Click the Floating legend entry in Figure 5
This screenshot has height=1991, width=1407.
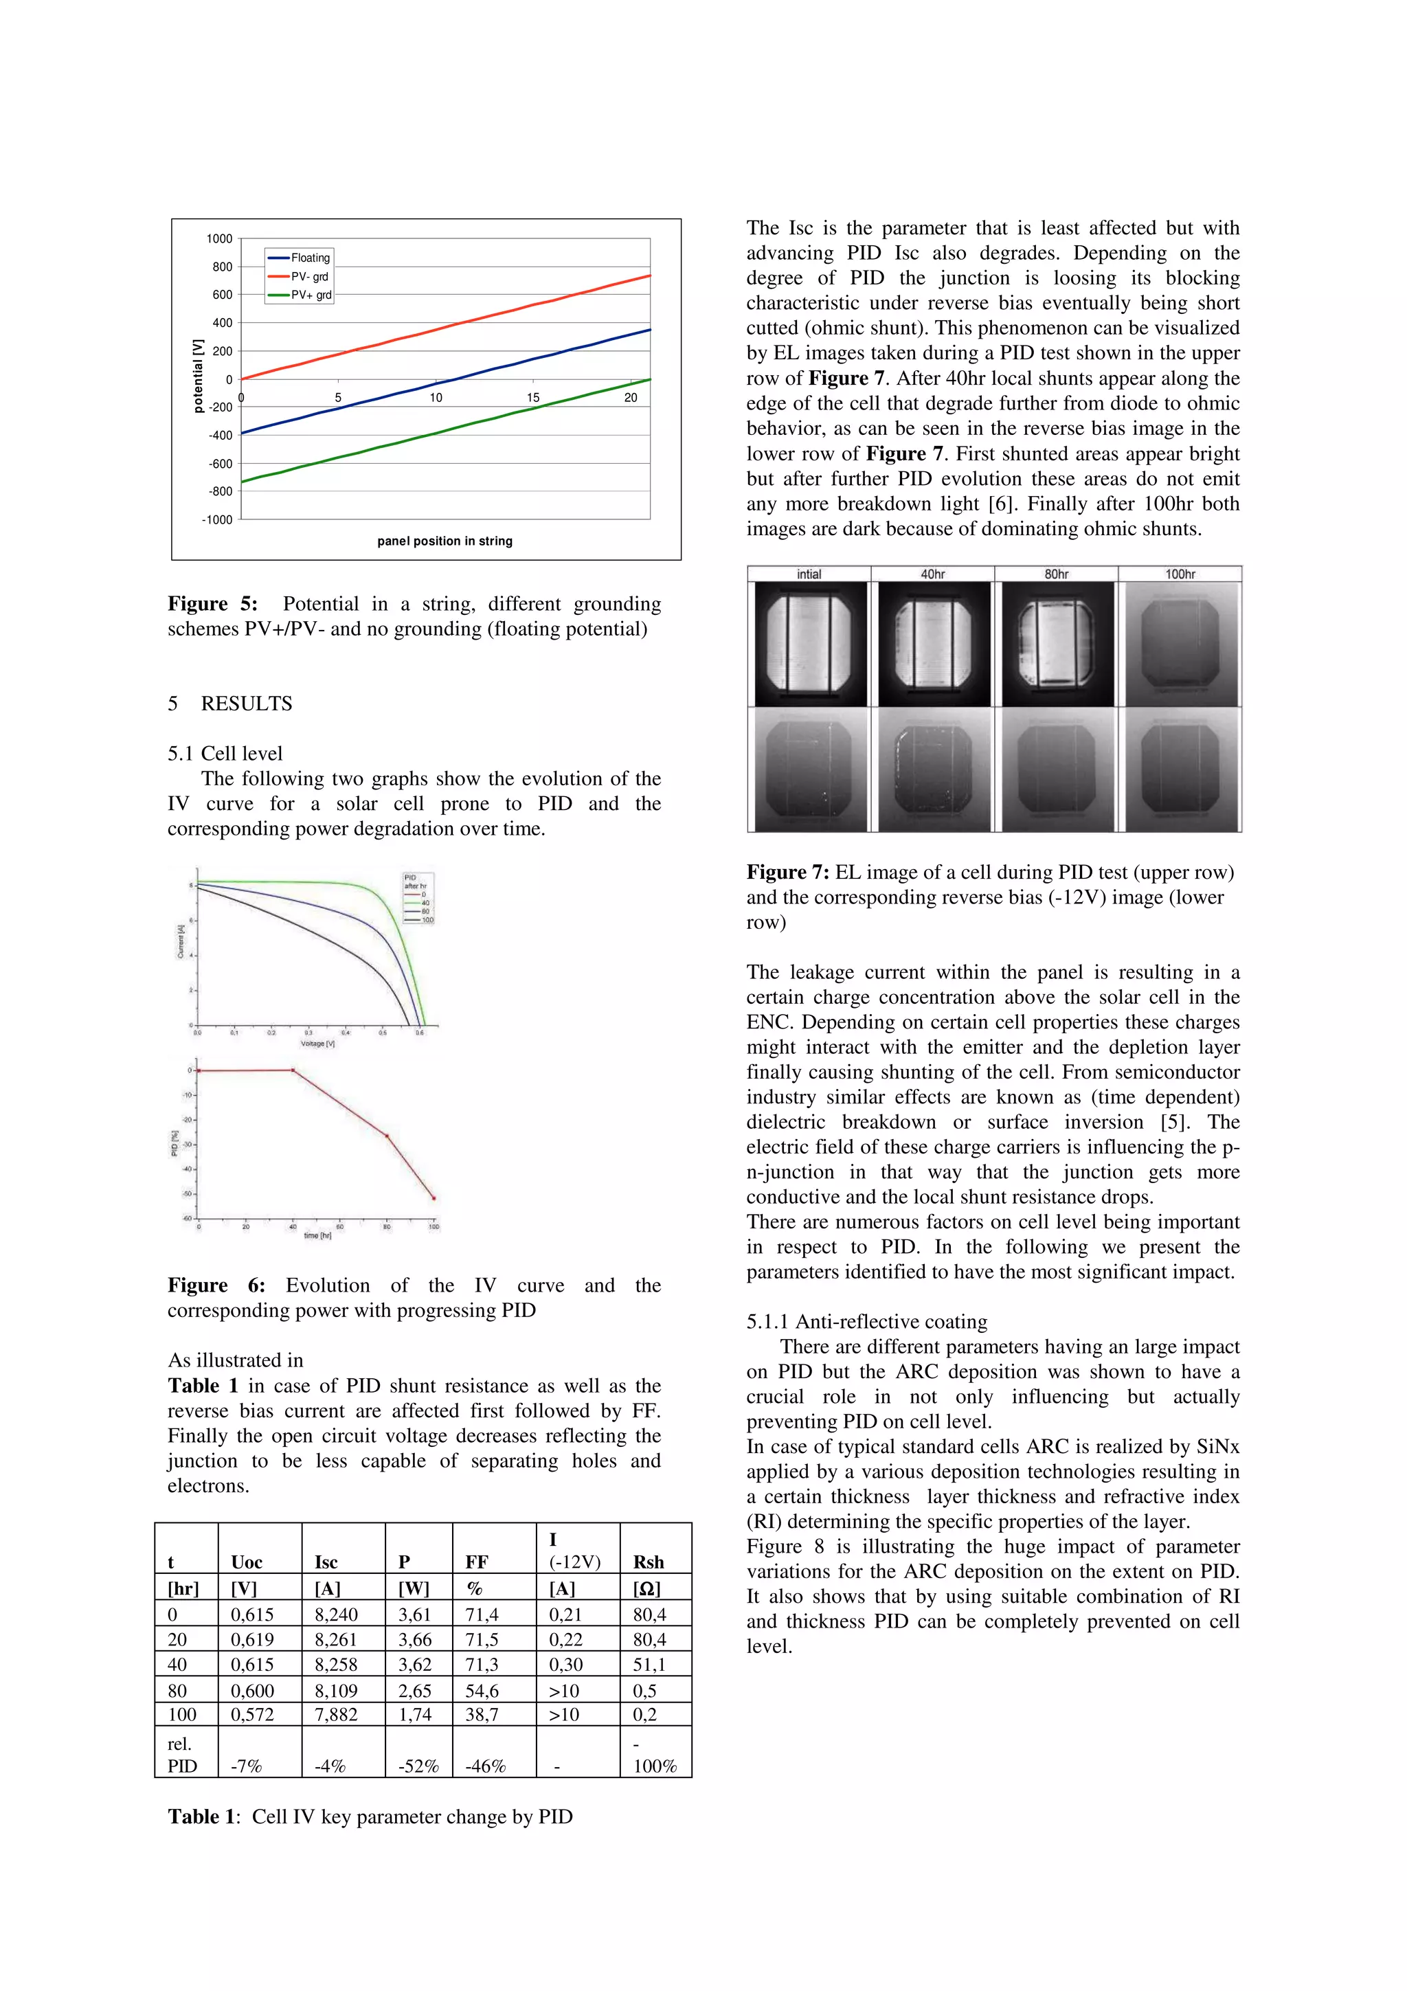(309, 258)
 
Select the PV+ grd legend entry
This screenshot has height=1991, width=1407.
(311, 295)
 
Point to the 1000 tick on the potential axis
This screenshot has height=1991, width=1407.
(219, 238)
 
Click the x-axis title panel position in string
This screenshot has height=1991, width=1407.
(444, 541)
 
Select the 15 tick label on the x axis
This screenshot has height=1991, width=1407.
(533, 397)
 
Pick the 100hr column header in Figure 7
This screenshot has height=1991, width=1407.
(1179, 574)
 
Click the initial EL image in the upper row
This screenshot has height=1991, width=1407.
(810, 644)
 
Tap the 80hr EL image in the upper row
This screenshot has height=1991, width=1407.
(1056, 644)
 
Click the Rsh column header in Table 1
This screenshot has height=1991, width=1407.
(649, 1562)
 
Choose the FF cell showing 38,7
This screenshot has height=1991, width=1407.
(482, 1714)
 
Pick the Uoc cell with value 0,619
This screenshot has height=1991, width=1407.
(252, 1640)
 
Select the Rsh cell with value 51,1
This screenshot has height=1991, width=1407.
(649, 1664)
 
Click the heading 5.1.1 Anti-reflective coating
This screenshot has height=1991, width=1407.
(866, 1322)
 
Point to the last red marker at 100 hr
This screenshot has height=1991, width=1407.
(434, 1198)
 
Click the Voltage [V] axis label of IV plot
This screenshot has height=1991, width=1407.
(317, 1043)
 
